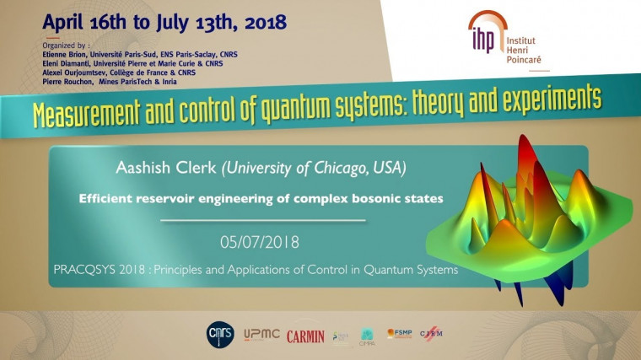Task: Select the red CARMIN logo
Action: coord(305,336)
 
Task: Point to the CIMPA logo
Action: coord(367,336)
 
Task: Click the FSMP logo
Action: coord(399,334)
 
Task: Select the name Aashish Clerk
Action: coord(169,169)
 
